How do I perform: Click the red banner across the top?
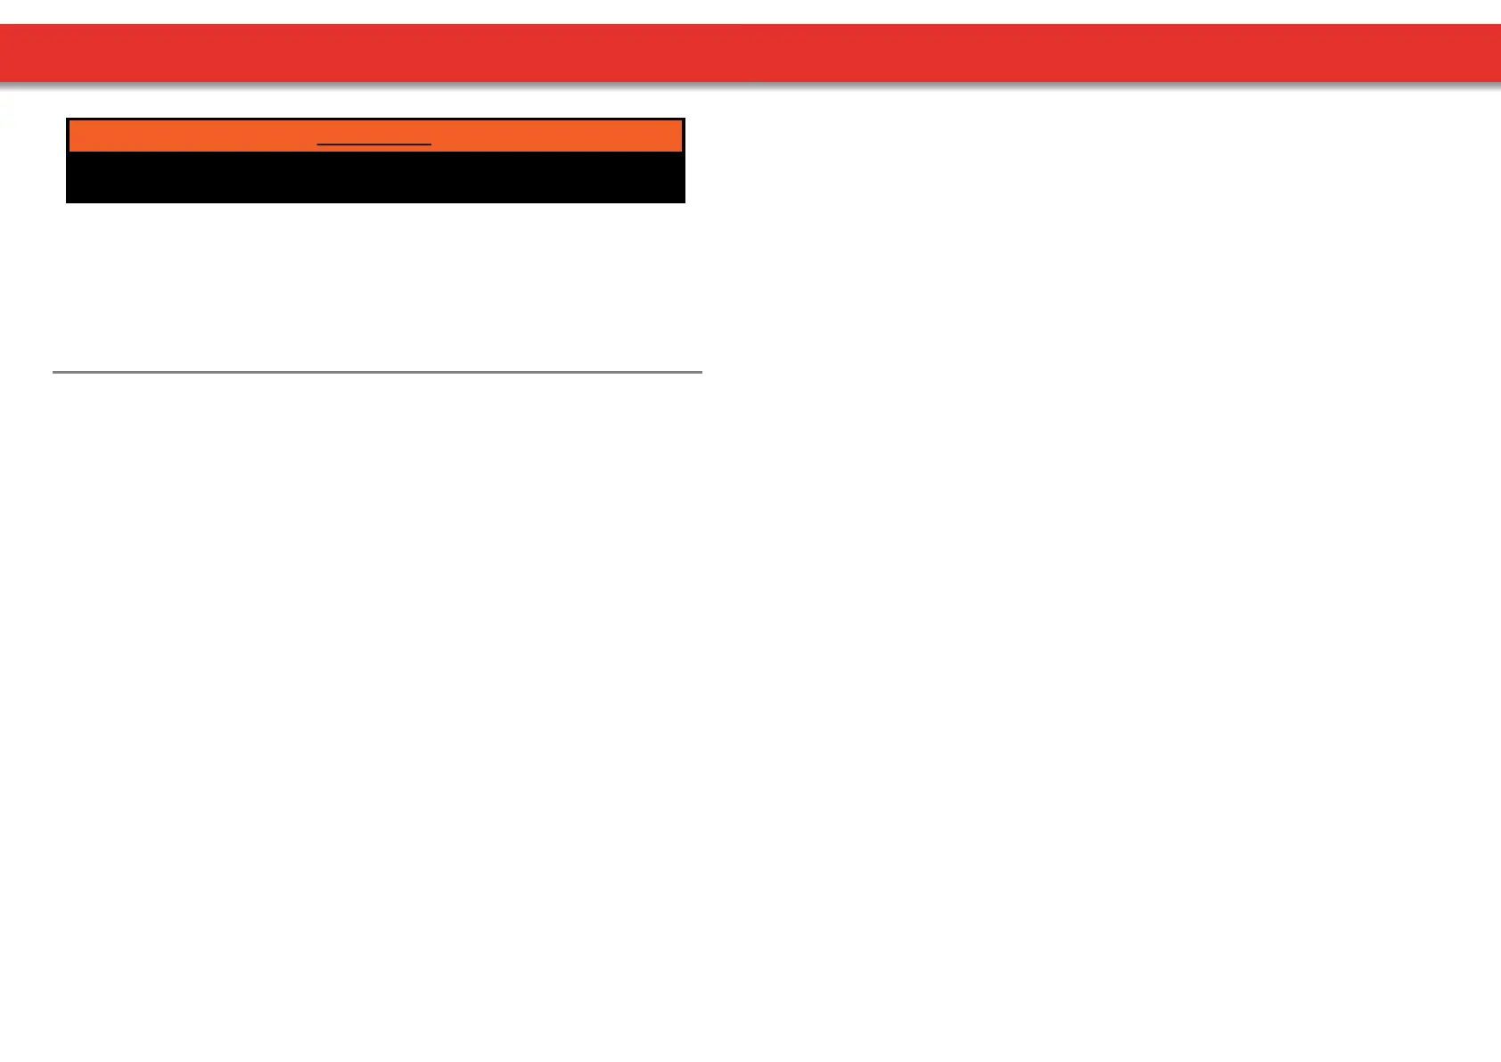click(750, 53)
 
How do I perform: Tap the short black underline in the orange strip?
click(374, 144)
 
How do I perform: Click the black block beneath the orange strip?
click(375, 177)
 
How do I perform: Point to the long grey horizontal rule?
click(377, 371)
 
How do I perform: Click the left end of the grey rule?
click(54, 371)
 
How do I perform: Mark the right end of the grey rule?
click(701, 371)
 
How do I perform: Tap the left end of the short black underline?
click(318, 144)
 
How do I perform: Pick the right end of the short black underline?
click(431, 144)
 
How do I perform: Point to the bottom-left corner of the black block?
click(68, 202)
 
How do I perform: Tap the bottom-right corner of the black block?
click(684, 202)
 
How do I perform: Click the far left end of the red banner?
click(4, 53)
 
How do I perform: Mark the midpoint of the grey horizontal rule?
click(377, 371)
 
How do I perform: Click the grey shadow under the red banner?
click(750, 86)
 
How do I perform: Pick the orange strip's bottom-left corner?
click(70, 150)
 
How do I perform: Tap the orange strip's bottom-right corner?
click(681, 150)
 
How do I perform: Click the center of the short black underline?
click(374, 144)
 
